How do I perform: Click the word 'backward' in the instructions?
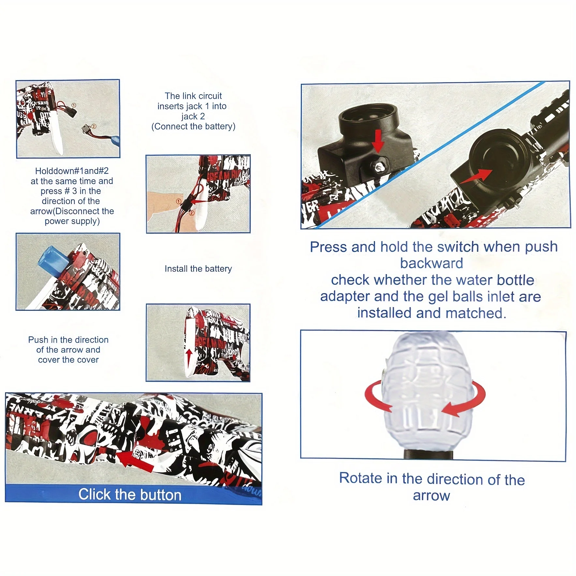coord(431,263)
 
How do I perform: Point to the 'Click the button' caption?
coord(130,495)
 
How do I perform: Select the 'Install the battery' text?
coord(198,269)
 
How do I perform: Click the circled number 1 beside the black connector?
coord(74,105)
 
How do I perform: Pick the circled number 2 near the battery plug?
coord(94,126)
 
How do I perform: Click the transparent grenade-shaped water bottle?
coord(429,391)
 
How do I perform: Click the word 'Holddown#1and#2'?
coord(72,171)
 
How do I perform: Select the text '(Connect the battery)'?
coord(193,126)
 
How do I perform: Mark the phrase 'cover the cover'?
coord(68,360)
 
